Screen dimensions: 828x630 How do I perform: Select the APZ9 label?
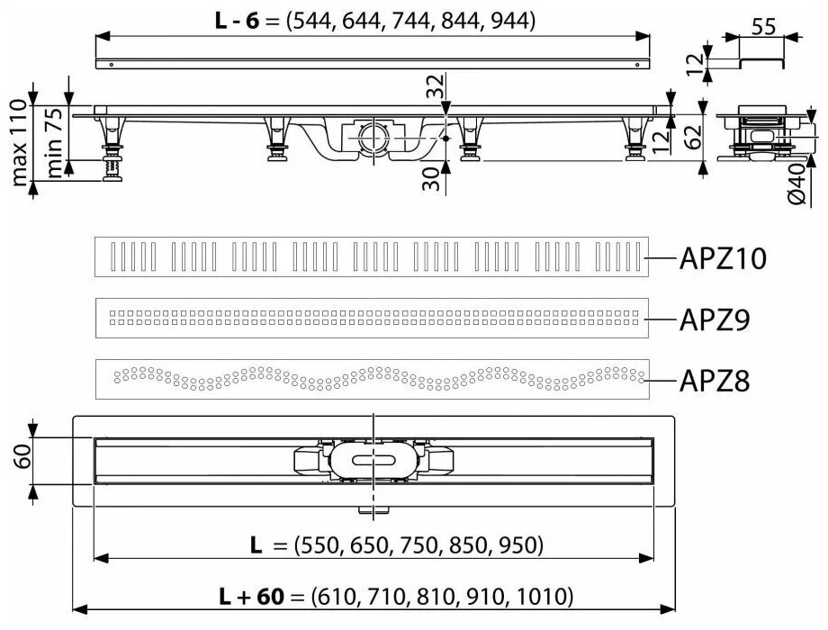(x=714, y=319)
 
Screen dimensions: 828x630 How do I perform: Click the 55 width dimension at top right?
(x=763, y=28)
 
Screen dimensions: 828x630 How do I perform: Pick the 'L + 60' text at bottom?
(x=253, y=596)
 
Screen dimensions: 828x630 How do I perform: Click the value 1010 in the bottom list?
(x=545, y=596)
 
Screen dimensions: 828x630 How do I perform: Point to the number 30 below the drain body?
(x=434, y=177)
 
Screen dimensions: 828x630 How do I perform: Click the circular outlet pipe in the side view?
(x=371, y=139)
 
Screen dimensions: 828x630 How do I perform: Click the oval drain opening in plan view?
(x=371, y=459)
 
